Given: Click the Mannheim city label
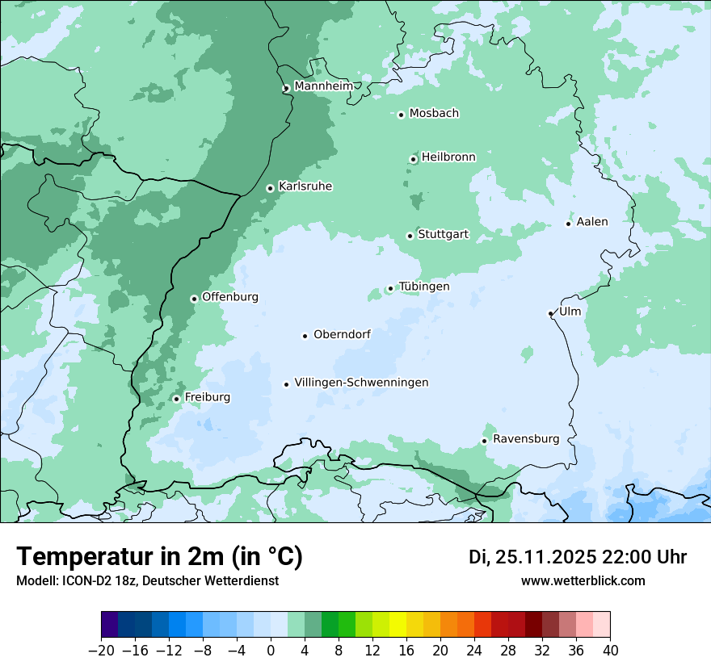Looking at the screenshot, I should (x=323, y=86).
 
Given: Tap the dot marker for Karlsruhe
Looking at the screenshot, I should (x=270, y=188).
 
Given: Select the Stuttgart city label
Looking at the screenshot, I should (x=443, y=234).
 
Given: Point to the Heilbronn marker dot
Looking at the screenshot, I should (x=413, y=159).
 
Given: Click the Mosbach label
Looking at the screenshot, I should (x=434, y=113).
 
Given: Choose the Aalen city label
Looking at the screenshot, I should (x=592, y=222).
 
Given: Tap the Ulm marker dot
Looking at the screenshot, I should (x=550, y=313).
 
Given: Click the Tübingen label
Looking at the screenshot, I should (x=424, y=287).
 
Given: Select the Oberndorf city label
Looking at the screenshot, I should (x=342, y=334).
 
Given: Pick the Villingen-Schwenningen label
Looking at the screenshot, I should (x=361, y=383).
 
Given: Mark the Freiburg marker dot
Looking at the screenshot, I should (x=176, y=399).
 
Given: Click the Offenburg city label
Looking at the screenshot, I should (x=230, y=297).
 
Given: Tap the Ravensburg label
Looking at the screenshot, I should (x=526, y=439).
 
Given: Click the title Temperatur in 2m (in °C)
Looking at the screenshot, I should (x=159, y=557).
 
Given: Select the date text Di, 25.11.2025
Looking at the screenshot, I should (x=532, y=557).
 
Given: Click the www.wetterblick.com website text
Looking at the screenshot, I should (x=583, y=581).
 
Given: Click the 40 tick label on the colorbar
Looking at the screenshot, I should (x=610, y=650).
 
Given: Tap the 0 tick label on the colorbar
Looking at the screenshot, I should (x=271, y=650).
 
